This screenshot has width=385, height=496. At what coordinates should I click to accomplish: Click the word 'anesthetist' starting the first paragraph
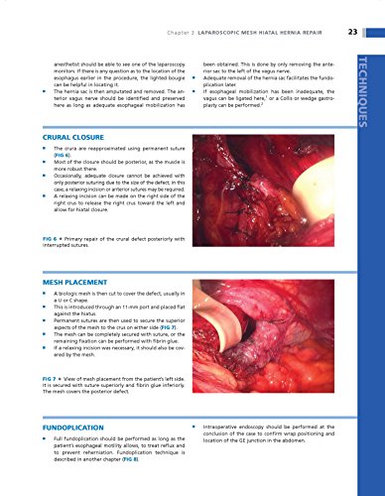pos(56,62)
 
